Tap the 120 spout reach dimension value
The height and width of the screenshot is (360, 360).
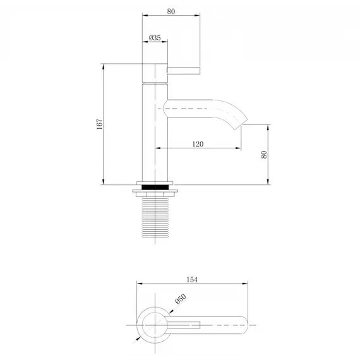[197, 144]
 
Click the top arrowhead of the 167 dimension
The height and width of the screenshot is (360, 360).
[104, 66]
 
